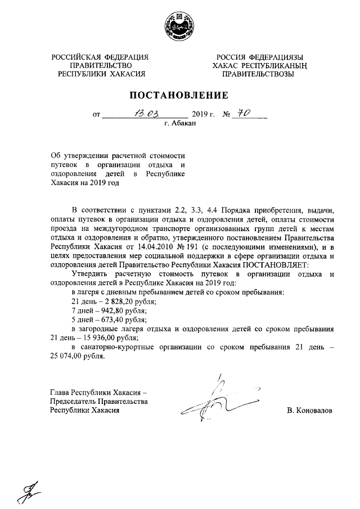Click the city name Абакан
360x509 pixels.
click(180, 124)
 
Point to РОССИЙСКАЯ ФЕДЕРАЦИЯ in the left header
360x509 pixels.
click(100, 57)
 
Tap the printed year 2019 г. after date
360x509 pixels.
click(204, 114)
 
